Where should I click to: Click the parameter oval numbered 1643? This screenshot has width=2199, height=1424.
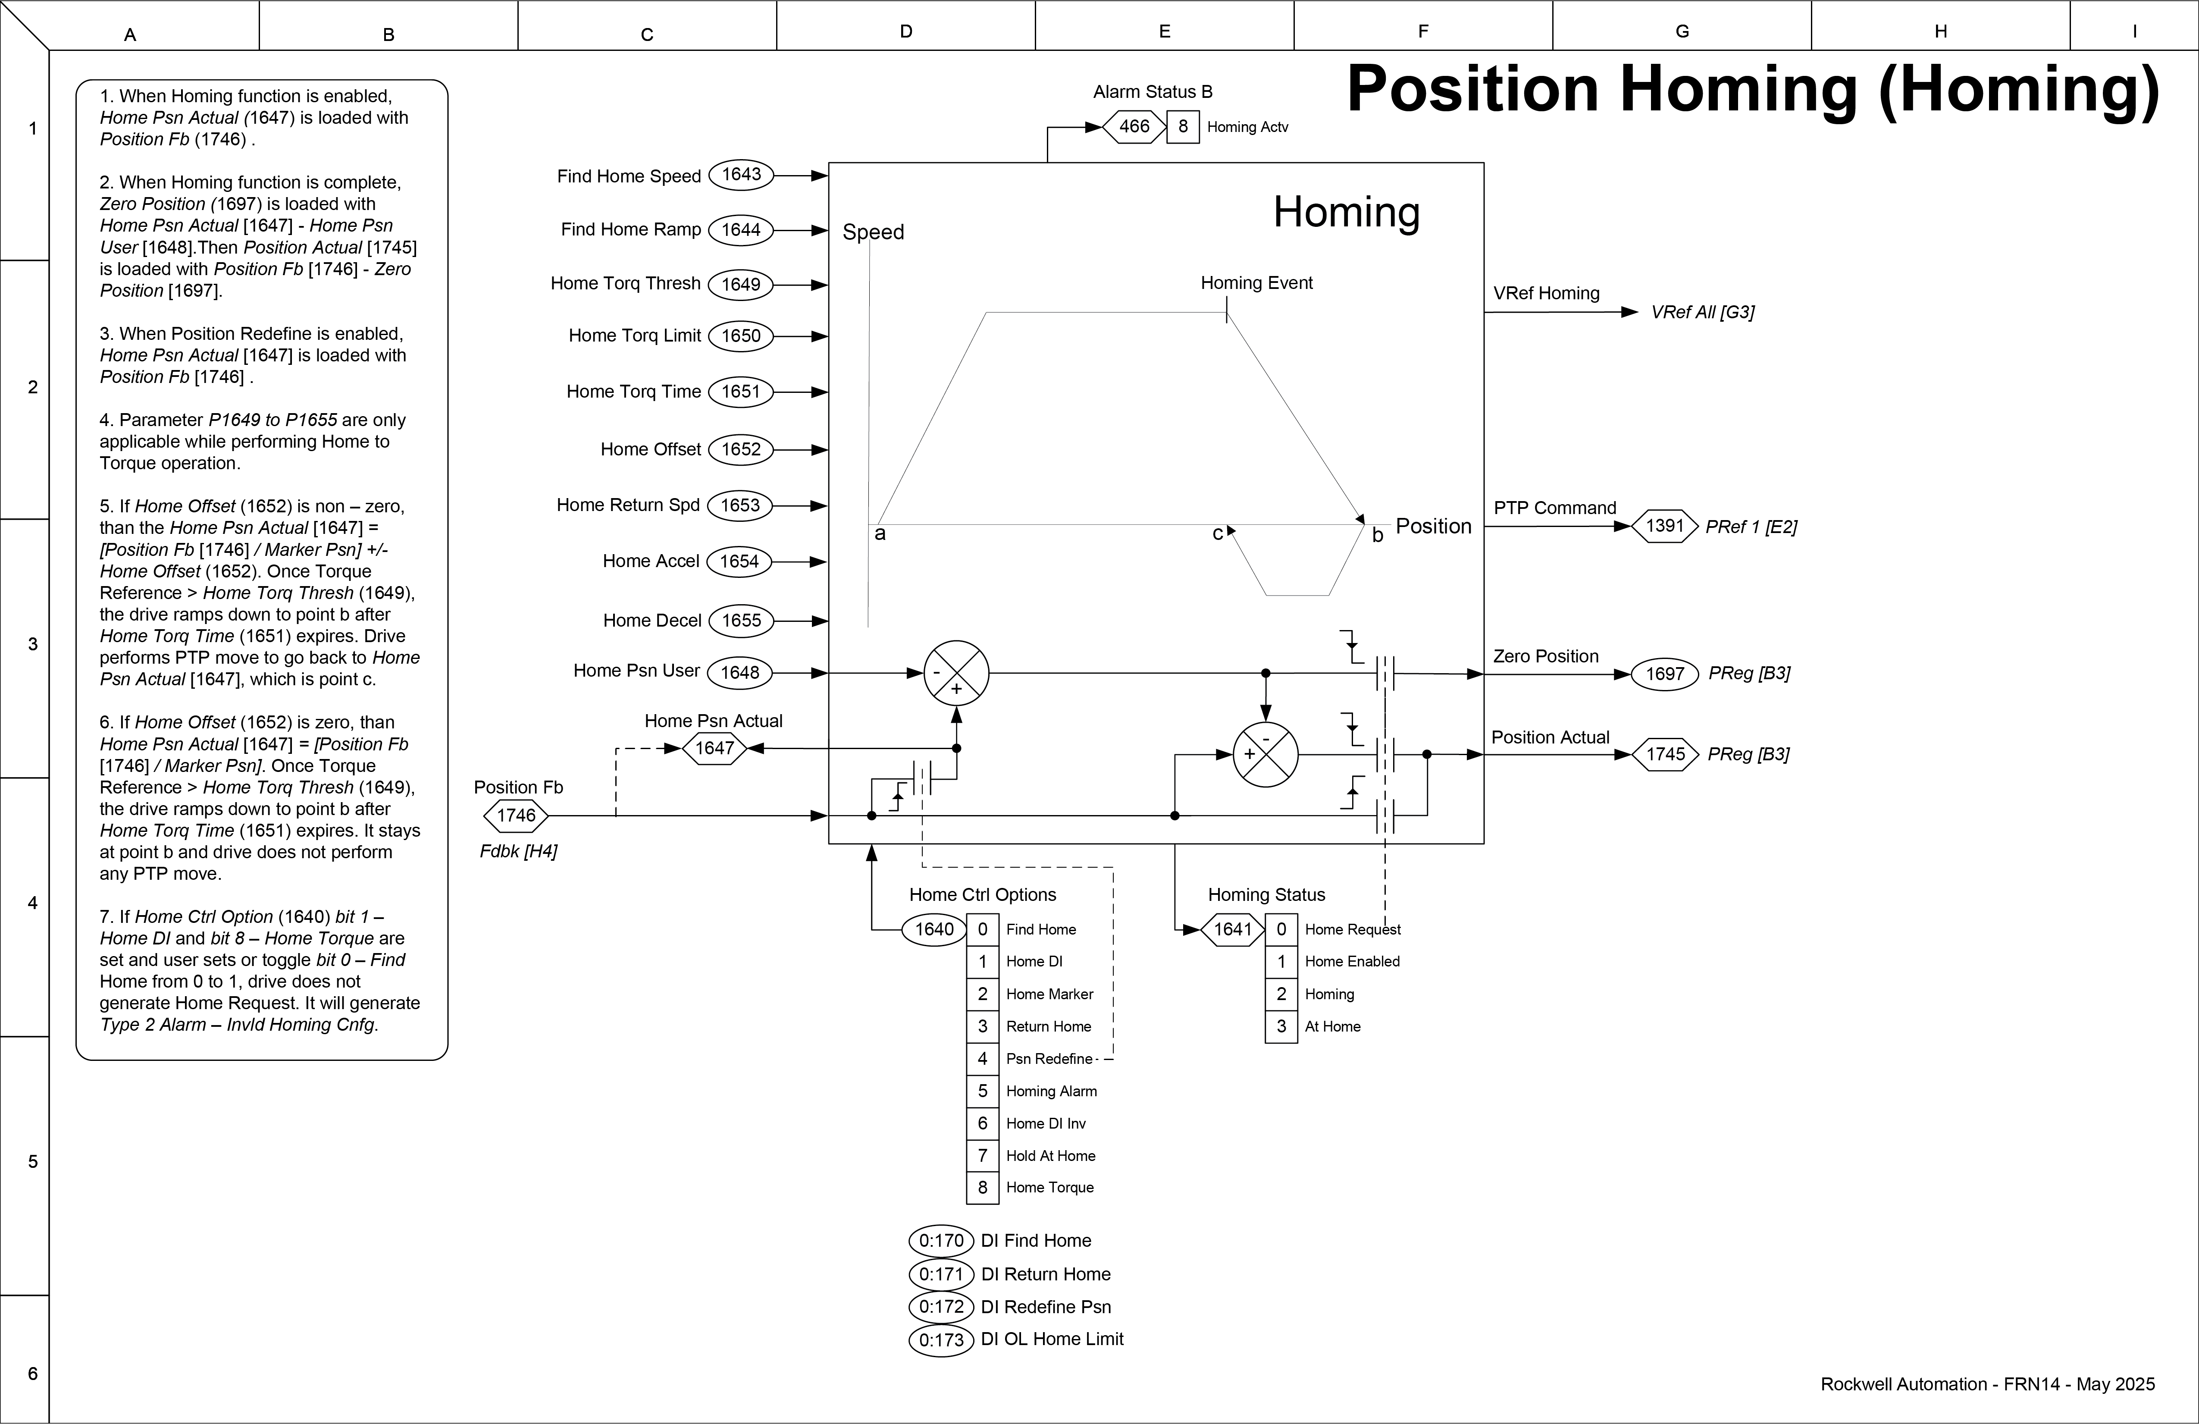pos(741,175)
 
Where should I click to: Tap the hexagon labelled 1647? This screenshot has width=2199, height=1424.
pos(714,747)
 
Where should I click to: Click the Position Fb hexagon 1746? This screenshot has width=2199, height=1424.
pos(516,815)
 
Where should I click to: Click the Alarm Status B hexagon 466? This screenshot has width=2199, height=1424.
pos(1134,127)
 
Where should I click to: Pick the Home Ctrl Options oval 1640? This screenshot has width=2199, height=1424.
pos(934,928)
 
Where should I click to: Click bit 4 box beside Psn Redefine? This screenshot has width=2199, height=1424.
pos(982,1058)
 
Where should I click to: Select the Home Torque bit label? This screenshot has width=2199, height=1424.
pos(1049,1187)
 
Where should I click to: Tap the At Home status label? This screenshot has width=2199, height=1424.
pos(1332,1027)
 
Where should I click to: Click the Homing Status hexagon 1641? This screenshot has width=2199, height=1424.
pos(1233,928)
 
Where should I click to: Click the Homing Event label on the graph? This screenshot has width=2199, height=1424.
pos(1256,283)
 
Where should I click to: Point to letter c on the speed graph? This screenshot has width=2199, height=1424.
pos(1218,533)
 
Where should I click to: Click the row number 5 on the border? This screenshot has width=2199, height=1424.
pos(32,1161)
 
